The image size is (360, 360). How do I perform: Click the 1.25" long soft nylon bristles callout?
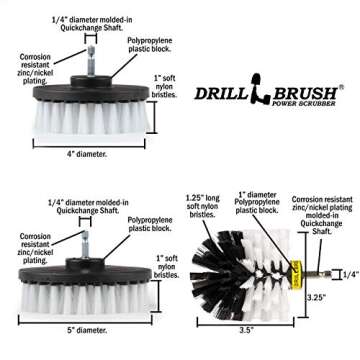(x=200, y=218)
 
